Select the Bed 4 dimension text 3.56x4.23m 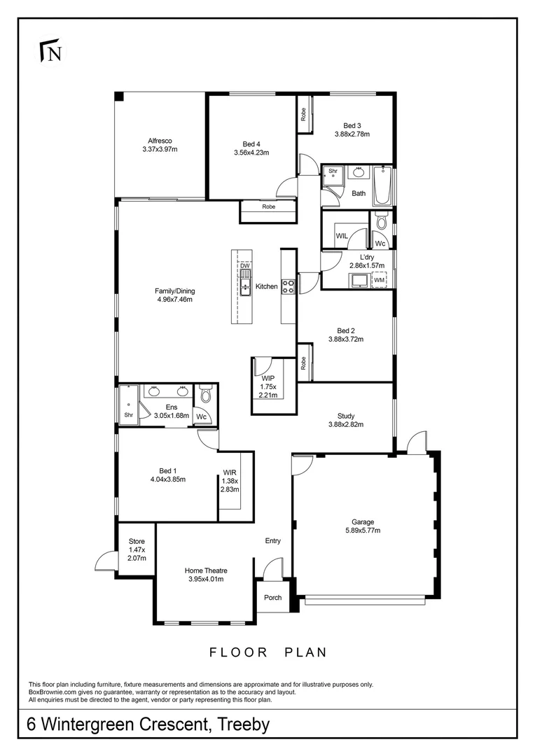coord(251,153)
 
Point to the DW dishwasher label coord(244,266)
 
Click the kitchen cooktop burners coord(289,285)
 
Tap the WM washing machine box coord(379,280)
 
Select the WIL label coord(342,237)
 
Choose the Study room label coord(345,414)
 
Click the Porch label coord(273,597)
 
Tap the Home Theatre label coord(206,570)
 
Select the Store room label coord(137,541)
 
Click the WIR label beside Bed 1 coord(230,472)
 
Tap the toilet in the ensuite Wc coord(205,395)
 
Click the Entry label coord(273,540)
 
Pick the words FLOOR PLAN coord(268,652)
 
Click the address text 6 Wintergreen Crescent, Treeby coord(148,724)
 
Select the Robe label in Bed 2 coord(303,363)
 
